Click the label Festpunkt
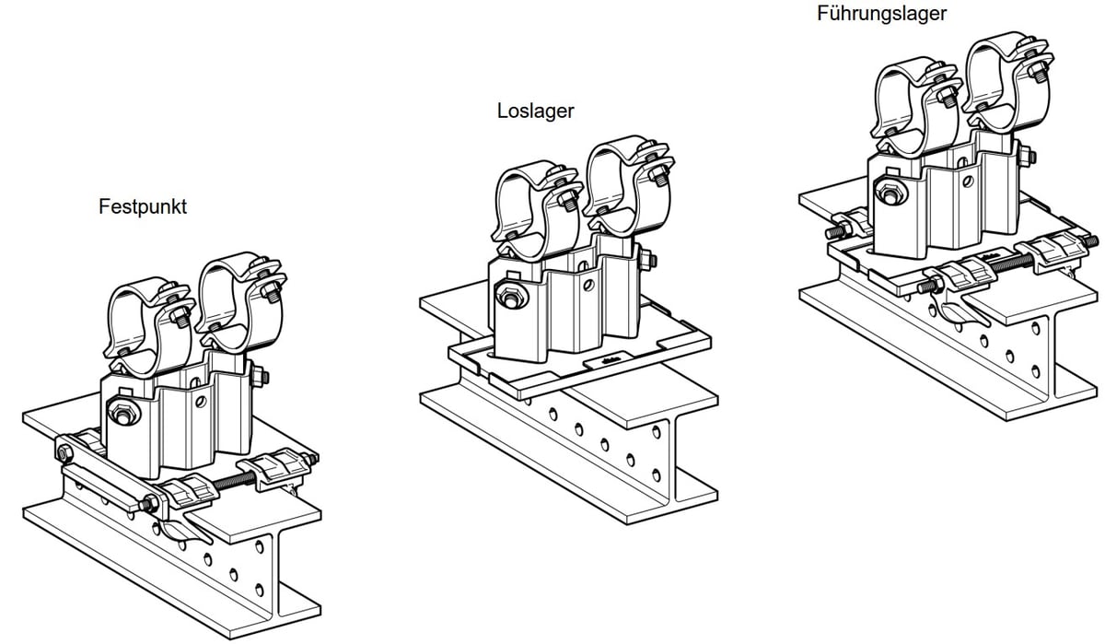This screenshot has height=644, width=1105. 143,207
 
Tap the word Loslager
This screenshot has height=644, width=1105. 535,111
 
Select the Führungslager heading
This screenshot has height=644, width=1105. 881,14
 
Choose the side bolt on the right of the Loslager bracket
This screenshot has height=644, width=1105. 650,262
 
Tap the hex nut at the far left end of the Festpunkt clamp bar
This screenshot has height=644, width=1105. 65,452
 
